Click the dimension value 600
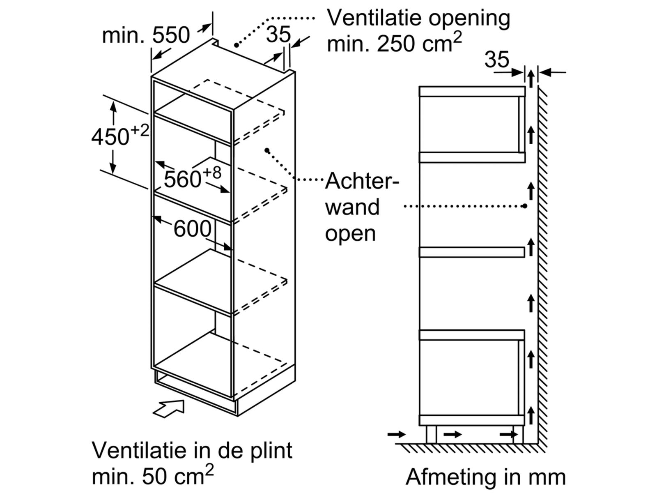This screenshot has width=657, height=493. click(192, 229)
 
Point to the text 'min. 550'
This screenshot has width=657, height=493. click(146, 35)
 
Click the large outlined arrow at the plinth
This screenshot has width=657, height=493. click(168, 408)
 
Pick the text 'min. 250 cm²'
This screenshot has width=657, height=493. click(394, 43)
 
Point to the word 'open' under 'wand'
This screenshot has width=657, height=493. click(350, 233)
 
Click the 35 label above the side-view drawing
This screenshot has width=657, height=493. click(496, 60)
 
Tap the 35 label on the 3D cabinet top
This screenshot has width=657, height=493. click(278, 35)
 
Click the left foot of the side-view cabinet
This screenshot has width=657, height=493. click(431, 434)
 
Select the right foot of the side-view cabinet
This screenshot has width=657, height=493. click(518, 434)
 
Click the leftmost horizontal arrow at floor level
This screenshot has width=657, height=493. click(396, 434)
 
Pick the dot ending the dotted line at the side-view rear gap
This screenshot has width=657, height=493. click(525, 206)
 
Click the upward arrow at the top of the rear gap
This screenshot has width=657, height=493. click(531, 78)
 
